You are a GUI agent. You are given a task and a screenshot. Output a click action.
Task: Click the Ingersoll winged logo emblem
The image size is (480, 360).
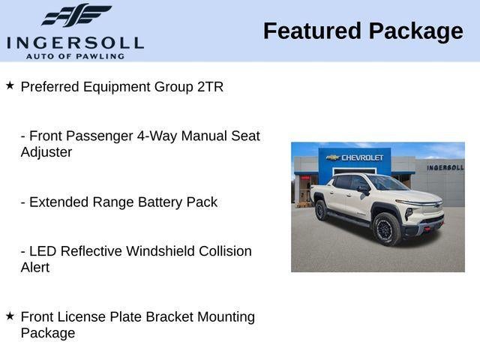tap(76, 15)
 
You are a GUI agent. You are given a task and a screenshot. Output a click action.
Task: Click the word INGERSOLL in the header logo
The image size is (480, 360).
tap(75, 42)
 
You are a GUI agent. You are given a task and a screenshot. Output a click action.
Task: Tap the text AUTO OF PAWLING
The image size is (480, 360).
tap(75, 55)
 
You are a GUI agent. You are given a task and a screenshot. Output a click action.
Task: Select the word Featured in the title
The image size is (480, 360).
tap(312, 31)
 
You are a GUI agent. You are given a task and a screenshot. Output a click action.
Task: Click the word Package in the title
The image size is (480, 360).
tap(415, 31)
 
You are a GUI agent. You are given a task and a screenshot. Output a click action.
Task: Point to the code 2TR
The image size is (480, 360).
tap(210, 87)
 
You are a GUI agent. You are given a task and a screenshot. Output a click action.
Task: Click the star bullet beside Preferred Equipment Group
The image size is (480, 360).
tap(10, 86)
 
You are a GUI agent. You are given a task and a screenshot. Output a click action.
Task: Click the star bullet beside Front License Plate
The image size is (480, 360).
tap(10, 316)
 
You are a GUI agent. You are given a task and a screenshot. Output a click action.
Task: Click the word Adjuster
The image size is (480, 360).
tap(46, 152)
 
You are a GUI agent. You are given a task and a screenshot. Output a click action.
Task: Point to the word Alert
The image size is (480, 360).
tap(35, 268)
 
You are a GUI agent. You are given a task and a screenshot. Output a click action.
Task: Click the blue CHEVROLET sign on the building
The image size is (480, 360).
tap(355, 157)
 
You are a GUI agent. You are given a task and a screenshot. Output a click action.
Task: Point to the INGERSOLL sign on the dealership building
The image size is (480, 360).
tap(445, 167)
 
